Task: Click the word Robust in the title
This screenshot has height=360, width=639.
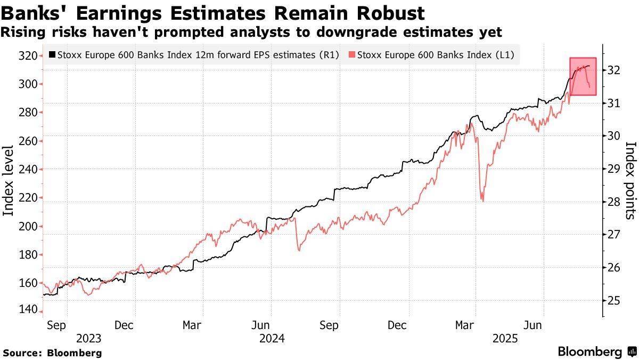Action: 391,13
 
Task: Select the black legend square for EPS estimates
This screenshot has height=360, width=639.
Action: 52,54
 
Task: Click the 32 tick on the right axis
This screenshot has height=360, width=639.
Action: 613,70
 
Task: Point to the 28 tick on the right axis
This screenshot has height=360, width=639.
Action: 613,201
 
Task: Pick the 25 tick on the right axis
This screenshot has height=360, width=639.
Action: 613,300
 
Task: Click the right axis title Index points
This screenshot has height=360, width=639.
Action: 630,180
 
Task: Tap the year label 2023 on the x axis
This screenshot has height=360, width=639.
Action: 88,338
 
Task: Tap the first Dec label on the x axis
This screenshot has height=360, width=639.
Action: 124,325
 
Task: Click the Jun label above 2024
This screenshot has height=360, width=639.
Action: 260,325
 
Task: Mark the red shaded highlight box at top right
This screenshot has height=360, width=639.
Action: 583,76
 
